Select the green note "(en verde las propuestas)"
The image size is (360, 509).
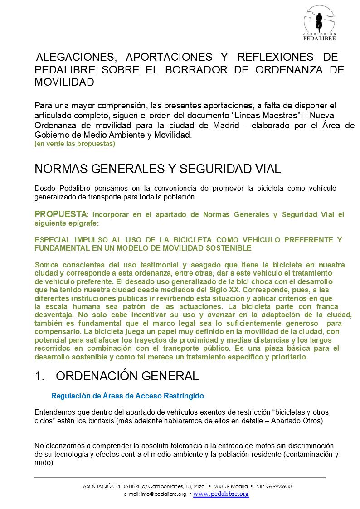[x=75, y=144]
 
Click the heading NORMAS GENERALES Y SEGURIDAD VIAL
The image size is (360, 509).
[x=158, y=169]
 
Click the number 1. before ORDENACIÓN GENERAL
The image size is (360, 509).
[x=39, y=376]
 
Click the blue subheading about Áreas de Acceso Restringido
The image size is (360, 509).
[x=128, y=396]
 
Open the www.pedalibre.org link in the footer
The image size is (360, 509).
[x=221, y=494]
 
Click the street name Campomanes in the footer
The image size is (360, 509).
[x=165, y=486]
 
